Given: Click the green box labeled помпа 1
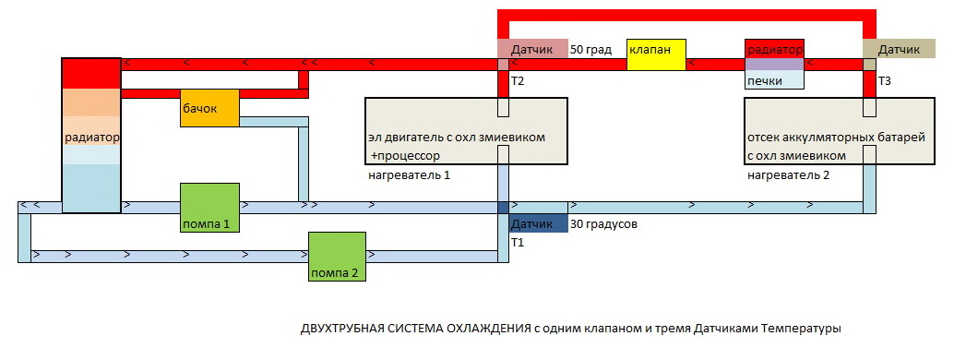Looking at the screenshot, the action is pos(209,208).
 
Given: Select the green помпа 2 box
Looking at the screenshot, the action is pos(337,257).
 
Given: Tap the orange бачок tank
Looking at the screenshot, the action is pos(209,108).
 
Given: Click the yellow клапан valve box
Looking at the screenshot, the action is pos(657,54).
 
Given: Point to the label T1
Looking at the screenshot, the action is pos(518,243).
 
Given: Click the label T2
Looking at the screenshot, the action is pos(518,80).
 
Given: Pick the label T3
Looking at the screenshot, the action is pos(885,80).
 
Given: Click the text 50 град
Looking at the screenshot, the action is pos(590,50).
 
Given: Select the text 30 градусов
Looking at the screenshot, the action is pos(603,224).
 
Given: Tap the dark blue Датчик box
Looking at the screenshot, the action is pos(539,224).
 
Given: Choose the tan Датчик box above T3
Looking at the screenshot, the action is pos(900,49).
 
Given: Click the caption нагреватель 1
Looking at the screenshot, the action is pos(409,175).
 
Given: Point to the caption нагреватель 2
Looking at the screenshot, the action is pos(789,175).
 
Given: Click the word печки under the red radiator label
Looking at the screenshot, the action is pos(766,81).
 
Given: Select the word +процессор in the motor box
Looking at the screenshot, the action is pos(405,156).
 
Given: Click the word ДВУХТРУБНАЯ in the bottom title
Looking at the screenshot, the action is pos(341,329).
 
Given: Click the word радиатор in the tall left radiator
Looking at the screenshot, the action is pos(92,138).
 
